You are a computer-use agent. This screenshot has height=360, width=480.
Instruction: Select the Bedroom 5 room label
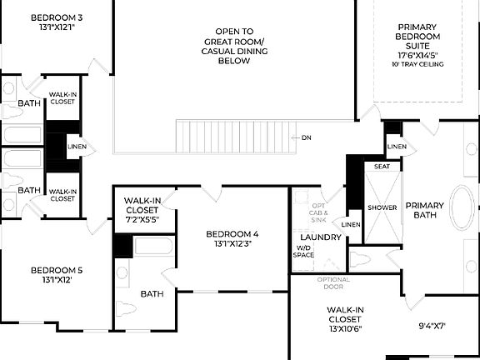(x=57, y=275)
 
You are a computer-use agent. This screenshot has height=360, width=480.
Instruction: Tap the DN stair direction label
(x=307, y=137)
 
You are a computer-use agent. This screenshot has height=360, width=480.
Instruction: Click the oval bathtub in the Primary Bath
(x=462, y=208)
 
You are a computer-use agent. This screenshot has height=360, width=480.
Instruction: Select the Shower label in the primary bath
(x=382, y=207)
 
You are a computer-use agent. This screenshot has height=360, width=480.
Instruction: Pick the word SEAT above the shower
(x=382, y=167)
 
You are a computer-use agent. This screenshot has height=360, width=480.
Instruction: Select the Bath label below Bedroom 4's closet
(x=152, y=293)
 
